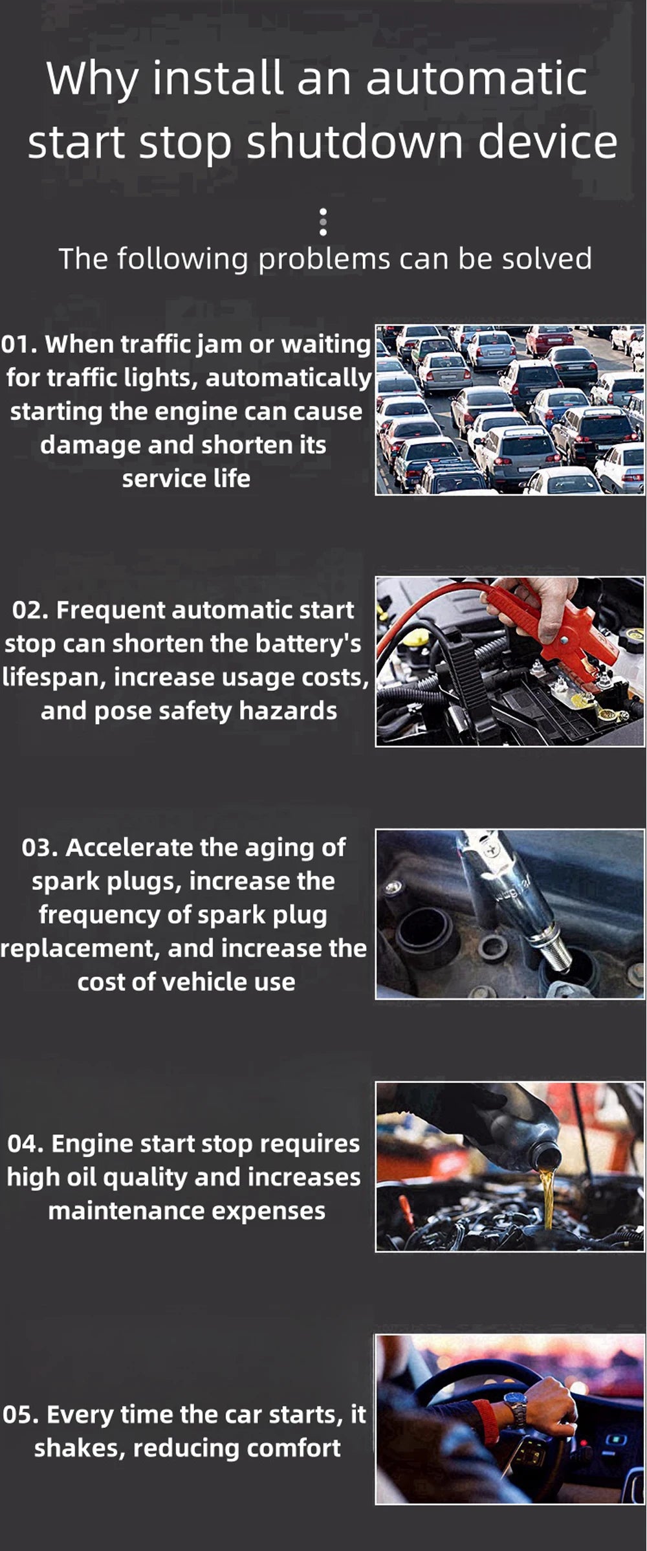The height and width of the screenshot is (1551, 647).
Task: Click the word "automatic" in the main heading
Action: [476, 78]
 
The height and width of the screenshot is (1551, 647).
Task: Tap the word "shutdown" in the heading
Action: [355, 142]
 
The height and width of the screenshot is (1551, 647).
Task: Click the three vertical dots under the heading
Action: [323, 222]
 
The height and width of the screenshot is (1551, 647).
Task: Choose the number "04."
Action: [25, 1144]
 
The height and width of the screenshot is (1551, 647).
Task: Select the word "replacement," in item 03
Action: [80, 949]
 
